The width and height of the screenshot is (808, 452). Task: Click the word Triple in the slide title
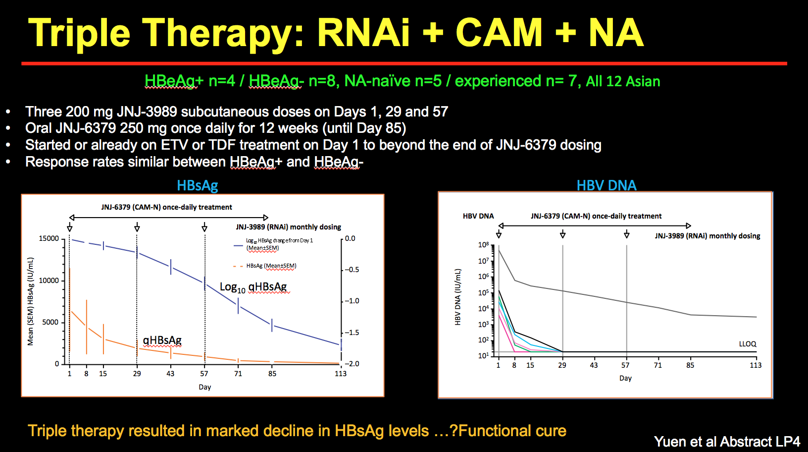(x=79, y=34)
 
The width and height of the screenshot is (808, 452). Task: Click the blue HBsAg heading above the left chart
(x=197, y=186)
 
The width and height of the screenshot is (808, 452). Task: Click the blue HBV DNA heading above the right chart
(x=606, y=185)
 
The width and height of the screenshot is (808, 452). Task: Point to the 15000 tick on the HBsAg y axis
(x=49, y=239)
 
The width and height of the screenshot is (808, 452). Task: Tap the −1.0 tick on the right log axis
(x=352, y=301)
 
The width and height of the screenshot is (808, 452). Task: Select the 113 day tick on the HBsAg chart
(x=341, y=374)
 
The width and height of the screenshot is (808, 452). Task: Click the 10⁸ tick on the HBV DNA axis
(x=483, y=245)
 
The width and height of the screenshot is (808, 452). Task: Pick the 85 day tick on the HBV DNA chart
(x=690, y=365)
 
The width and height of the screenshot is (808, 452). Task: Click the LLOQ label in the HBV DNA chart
(x=747, y=344)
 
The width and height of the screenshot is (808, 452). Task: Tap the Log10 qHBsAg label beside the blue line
(x=253, y=287)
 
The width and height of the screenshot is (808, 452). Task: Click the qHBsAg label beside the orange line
(x=162, y=340)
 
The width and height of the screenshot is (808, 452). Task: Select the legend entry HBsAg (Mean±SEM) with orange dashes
(x=271, y=266)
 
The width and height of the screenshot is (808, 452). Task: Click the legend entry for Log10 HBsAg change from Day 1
(x=279, y=244)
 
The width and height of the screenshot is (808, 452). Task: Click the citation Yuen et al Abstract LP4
(x=726, y=442)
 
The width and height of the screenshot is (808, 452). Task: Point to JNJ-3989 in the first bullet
(x=147, y=112)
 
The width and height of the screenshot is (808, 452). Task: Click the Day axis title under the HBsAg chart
(x=204, y=387)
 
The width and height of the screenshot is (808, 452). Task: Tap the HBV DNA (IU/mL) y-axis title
(x=457, y=297)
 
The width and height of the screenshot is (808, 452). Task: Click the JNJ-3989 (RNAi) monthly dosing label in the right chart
(x=707, y=236)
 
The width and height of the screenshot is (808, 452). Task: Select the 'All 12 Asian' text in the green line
(x=623, y=81)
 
